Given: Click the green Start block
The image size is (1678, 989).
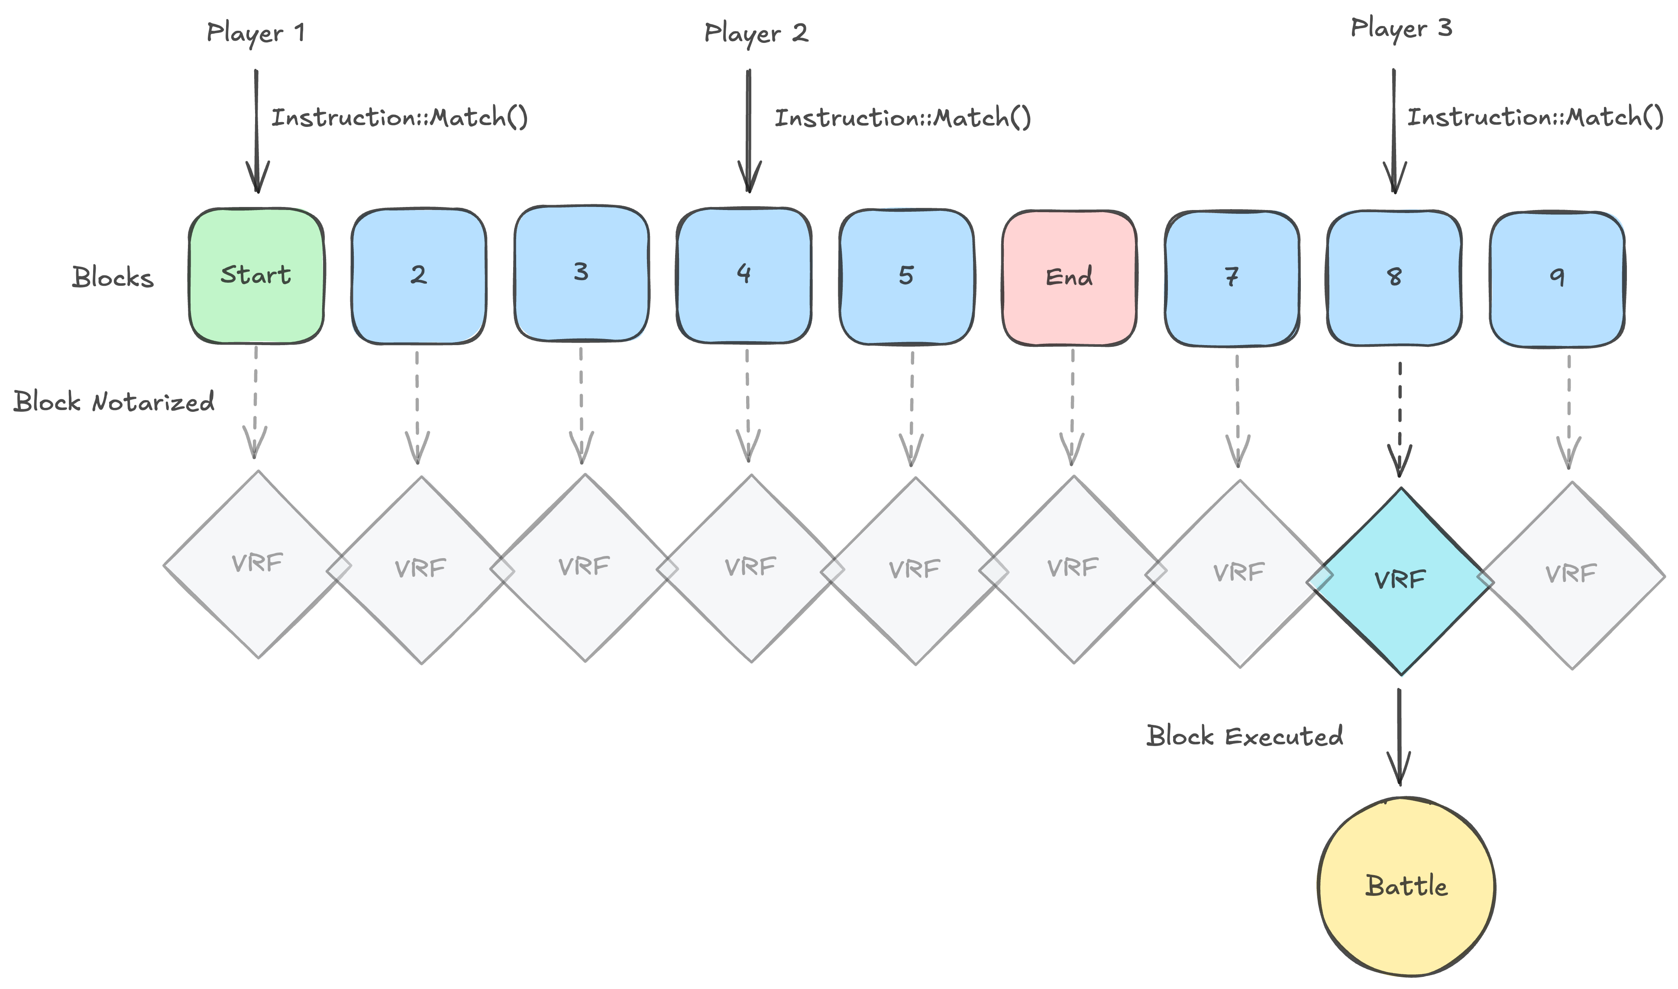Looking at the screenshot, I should point(256,276).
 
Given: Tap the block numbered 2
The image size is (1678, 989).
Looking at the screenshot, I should point(418,276).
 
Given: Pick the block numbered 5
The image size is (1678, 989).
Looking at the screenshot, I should point(906,277).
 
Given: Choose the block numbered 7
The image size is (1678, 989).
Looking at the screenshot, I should point(1232,278).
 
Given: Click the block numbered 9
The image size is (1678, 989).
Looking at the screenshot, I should point(1557,278).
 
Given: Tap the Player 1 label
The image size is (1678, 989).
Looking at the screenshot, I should point(256,32).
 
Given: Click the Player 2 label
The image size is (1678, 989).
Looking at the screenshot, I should point(756,32).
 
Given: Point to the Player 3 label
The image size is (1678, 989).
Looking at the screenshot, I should point(1401,29).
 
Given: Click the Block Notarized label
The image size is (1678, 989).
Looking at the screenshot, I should point(114,402).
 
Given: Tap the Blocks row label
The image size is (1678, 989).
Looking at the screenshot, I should point(113,277).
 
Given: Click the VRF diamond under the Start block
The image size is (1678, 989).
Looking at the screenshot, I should point(258,565).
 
